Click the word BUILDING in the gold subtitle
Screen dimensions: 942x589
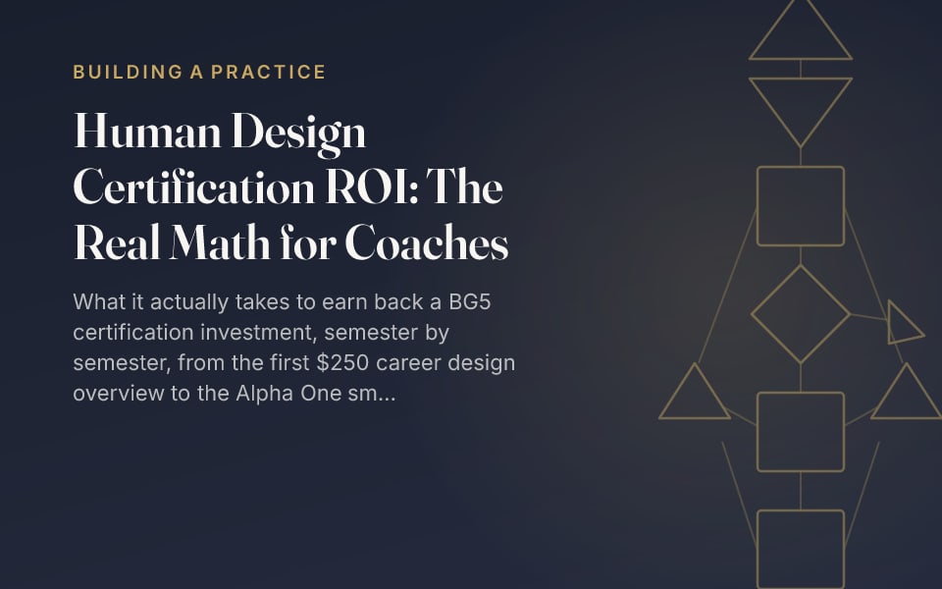128,72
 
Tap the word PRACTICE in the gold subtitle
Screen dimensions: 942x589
268,72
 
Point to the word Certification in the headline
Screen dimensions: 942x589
193,187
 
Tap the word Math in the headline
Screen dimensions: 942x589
219,242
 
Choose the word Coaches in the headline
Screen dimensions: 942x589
427,242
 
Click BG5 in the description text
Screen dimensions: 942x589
470,301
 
